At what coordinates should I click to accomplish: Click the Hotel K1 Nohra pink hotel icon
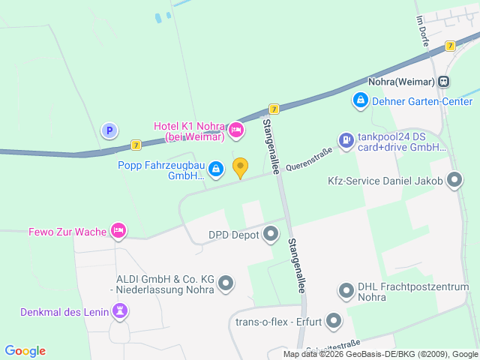tap(236, 130)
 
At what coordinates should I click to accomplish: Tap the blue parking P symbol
tap(109, 130)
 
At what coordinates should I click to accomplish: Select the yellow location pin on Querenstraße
tap(240, 167)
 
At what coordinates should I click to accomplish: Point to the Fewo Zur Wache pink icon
tap(118, 230)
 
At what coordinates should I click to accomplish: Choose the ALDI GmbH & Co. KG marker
tap(225, 283)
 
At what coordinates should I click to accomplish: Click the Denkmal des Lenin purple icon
tap(120, 310)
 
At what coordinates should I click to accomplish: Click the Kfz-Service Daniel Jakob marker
tap(454, 180)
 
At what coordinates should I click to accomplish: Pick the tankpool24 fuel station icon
tap(345, 139)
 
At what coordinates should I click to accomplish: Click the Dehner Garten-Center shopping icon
tap(360, 99)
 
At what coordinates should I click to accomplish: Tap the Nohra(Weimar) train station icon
tap(445, 81)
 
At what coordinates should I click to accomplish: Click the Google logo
tap(25, 350)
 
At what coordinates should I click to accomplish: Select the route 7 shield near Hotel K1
tap(274, 109)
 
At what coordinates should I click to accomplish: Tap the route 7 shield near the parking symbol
tap(135, 145)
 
